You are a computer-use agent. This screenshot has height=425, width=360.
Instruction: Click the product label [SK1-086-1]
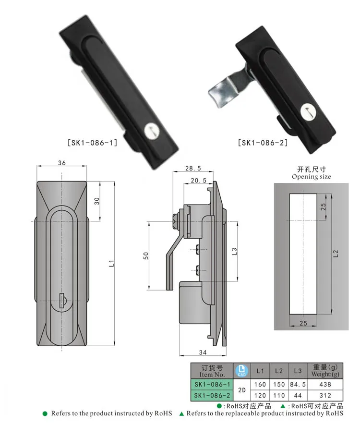(x=92, y=142)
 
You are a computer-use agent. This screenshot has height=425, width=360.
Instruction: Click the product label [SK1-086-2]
(x=263, y=142)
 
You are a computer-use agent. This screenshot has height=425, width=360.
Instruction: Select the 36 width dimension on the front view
(x=61, y=163)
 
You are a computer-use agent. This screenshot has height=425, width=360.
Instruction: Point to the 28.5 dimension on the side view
(x=192, y=169)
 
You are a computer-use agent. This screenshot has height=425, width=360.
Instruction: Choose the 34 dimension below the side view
(x=202, y=352)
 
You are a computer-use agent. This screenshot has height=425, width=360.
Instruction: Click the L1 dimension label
(x=111, y=262)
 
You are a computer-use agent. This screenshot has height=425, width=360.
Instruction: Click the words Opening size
(x=311, y=177)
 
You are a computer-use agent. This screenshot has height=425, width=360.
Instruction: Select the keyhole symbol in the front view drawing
(x=62, y=301)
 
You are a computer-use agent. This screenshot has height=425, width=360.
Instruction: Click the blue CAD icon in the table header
(x=241, y=371)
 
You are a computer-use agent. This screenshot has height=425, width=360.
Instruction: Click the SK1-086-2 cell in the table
(x=212, y=396)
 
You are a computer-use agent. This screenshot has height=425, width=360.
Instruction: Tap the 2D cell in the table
(x=241, y=390)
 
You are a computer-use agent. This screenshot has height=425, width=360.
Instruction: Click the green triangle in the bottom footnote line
(x=181, y=413)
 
